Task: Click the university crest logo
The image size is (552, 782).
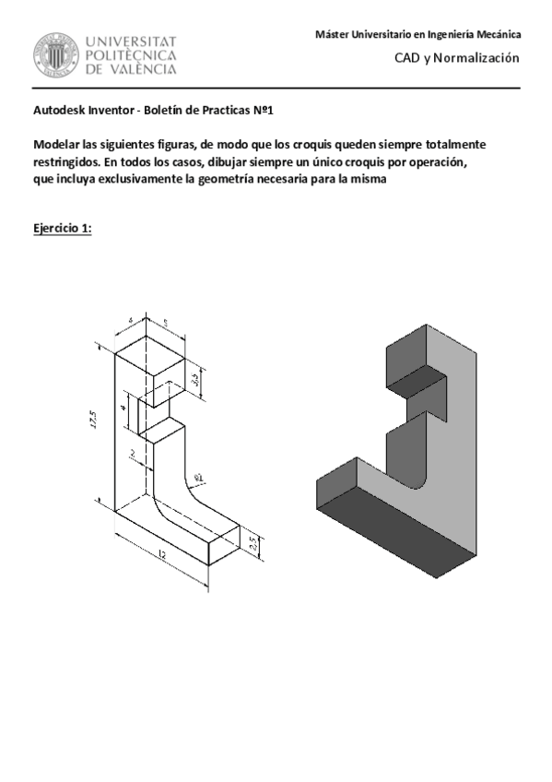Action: click(x=57, y=55)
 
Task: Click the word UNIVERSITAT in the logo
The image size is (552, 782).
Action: click(x=131, y=41)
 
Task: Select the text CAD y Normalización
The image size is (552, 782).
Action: click(x=457, y=58)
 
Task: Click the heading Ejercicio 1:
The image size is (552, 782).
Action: click(x=62, y=229)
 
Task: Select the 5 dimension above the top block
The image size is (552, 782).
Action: click(x=165, y=324)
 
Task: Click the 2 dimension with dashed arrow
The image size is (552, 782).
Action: click(x=133, y=453)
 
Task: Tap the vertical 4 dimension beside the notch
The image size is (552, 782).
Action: click(x=123, y=407)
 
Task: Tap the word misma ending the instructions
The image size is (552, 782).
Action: click(x=367, y=180)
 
